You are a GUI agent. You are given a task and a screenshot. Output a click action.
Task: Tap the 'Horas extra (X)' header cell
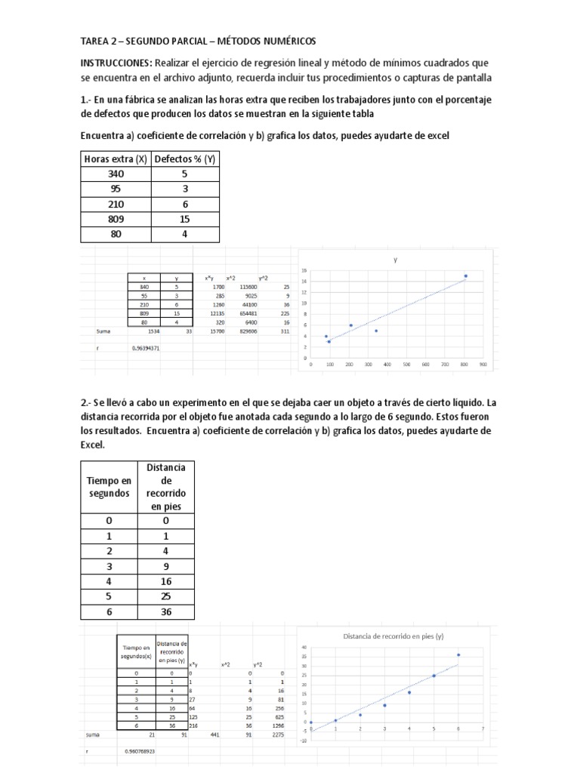(116, 159)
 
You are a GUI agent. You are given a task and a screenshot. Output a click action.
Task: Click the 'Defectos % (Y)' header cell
(185, 159)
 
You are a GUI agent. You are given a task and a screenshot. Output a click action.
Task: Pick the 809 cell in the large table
(116, 219)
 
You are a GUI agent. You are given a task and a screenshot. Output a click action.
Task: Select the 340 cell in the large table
(116, 174)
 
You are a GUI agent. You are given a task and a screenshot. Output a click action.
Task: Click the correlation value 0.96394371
(146, 348)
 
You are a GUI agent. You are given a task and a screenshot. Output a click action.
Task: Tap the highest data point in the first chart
(465, 276)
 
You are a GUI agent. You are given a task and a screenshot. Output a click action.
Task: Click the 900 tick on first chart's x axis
(483, 363)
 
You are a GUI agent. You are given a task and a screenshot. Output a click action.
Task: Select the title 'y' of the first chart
(395, 259)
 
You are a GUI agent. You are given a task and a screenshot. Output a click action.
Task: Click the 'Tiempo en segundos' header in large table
(109, 487)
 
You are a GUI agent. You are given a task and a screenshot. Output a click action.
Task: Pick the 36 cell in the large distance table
(164, 611)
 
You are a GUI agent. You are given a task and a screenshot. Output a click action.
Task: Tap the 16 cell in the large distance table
(164, 581)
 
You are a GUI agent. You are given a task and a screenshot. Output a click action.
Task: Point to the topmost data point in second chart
(458, 654)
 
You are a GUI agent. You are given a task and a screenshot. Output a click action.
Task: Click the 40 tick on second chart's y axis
(304, 648)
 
